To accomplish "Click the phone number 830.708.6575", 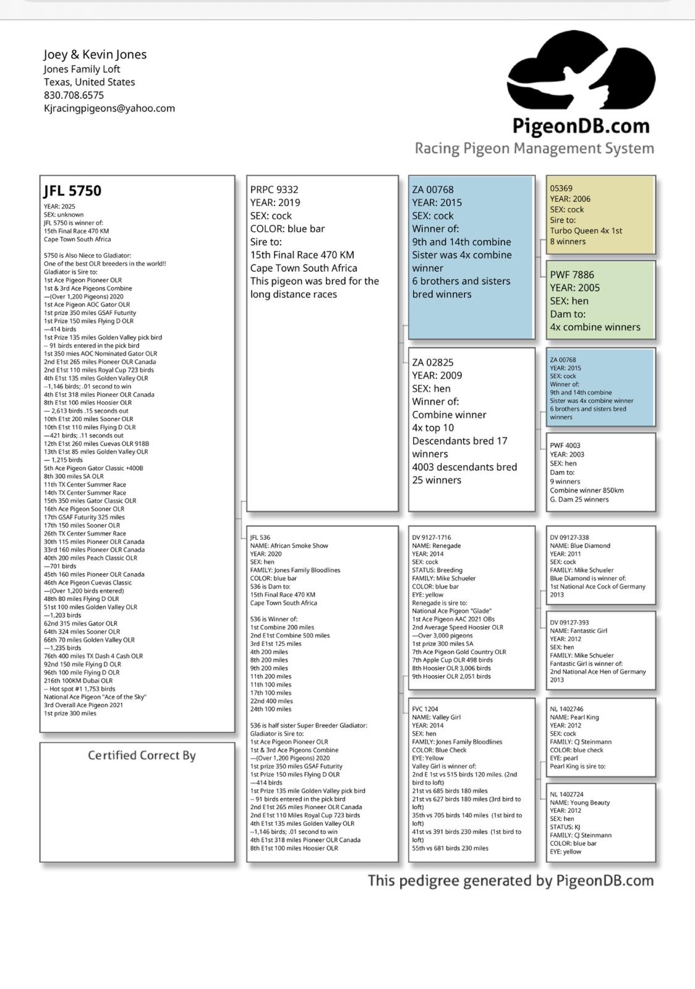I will tap(74, 95).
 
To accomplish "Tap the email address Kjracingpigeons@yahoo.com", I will tap(109, 108).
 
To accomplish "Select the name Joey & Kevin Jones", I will tap(95, 54).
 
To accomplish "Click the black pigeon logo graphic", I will tap(581, 71).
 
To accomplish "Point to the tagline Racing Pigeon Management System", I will tap(534, 148).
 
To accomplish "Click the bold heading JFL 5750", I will tap(72, 191).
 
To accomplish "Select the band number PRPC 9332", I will tap(274, 190).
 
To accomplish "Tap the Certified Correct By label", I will tap(142, 755).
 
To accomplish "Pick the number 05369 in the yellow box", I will tap(561, 188).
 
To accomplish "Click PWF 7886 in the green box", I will tap(572, 274).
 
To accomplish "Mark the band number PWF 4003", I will tap(565, 445).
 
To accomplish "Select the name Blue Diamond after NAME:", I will tap(589, 546).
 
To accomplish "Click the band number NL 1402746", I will tap(566, 709).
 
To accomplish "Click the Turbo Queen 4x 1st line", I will tap(586, 231).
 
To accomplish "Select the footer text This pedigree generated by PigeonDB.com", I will tap(511, 881).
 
